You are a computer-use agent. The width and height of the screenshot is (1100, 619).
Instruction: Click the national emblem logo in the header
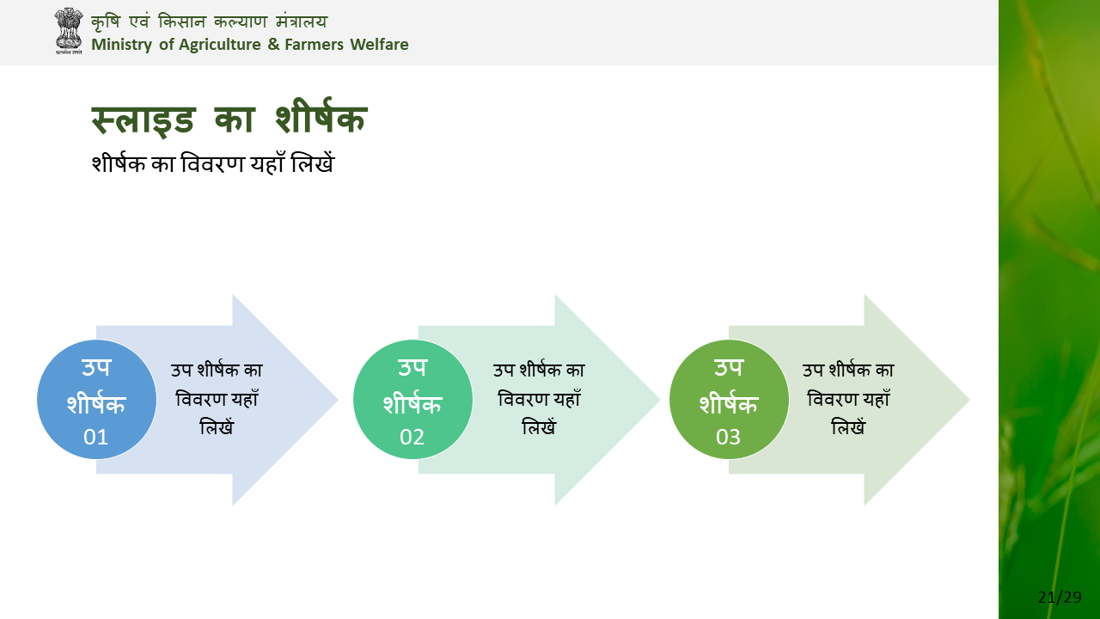[68, 30]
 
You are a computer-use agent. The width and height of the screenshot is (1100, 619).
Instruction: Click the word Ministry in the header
[122, 45]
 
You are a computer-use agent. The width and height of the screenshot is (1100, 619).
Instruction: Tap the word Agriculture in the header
[219, 45]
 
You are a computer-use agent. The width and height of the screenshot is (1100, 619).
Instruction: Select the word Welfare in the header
[379, 44]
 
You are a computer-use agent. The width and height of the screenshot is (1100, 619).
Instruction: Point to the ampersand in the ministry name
[273, 44]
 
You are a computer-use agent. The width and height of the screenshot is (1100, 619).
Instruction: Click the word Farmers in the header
[315, 44]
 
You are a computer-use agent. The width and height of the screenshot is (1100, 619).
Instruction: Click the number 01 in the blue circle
[95, 437]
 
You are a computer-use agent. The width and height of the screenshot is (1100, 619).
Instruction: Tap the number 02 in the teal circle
[412, 437]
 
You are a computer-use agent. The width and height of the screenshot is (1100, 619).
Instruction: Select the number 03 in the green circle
[728, 437]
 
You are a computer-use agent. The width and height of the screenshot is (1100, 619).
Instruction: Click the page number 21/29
[1060, 597]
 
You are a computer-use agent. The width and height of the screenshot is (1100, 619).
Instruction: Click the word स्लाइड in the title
[144, 120]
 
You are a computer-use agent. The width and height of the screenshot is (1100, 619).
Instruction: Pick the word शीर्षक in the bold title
[321, 116]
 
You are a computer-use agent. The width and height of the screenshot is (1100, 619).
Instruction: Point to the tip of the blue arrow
[339, 400]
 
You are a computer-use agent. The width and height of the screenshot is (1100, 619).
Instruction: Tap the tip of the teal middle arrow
[661, 400]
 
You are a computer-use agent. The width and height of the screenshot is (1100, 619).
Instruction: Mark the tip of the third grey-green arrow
[970, 400]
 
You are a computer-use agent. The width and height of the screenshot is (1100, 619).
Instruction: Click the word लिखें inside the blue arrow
[217, 426]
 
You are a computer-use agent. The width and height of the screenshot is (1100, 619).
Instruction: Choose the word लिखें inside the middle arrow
[539, 426]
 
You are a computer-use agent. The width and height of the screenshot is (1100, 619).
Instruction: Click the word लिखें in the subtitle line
[312, 162]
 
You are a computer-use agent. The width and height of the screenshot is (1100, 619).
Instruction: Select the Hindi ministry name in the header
[209, 21]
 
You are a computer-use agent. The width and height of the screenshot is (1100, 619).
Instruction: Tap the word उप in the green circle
[728, 367]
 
